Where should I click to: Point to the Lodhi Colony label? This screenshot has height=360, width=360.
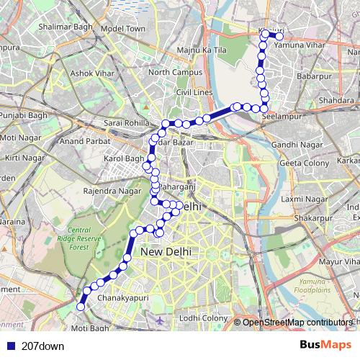click(x=204, y=318)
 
